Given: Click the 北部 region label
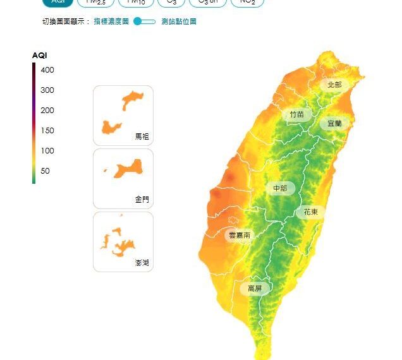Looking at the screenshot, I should (334, 85).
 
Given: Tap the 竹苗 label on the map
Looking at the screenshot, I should (296, 114).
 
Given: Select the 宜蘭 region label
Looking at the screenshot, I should (334, 123).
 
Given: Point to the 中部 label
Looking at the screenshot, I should (280, 188).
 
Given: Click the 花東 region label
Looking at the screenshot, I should (310, 212).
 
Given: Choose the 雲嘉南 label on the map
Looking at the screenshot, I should (240, 235).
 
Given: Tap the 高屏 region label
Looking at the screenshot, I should (255, 289).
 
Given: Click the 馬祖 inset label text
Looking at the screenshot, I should (142, 136).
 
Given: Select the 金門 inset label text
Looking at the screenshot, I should (142, 199).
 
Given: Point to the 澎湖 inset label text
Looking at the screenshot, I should (142, 262).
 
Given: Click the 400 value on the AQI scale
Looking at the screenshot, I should (47, 70).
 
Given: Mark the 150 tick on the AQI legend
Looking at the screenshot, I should (47, 131).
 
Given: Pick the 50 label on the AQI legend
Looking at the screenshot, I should (46, 171).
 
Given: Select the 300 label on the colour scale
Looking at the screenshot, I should (47, 90).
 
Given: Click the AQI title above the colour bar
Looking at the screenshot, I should (40, 56).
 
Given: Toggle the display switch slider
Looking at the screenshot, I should (145, 21).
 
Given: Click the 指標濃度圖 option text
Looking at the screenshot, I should (111, 21).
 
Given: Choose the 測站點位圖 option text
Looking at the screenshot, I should (179, 21).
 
